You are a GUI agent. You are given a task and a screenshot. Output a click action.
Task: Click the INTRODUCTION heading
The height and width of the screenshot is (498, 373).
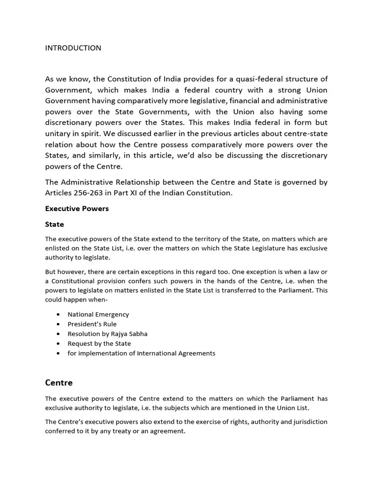coord(73,48)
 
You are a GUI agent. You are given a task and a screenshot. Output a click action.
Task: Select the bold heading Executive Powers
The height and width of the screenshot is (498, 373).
coord(77,209)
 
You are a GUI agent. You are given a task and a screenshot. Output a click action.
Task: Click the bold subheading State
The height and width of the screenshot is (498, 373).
coord(54,224)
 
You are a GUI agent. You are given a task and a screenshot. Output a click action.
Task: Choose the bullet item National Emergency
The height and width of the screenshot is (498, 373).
coord(98,314)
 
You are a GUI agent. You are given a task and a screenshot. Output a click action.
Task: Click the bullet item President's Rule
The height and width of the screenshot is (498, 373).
coord(92,324)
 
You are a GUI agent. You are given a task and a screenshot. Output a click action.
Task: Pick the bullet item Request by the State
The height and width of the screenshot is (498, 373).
coord(99,343)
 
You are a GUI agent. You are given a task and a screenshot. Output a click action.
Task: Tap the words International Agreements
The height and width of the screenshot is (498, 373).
coord(177,353)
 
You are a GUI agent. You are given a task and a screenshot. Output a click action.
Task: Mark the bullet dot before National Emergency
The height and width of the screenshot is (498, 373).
coord(58,314)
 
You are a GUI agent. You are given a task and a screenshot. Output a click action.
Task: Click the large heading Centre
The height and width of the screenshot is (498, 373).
coord(59,382)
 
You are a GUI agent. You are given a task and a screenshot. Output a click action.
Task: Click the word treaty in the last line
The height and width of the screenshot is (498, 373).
coord(133,431)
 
